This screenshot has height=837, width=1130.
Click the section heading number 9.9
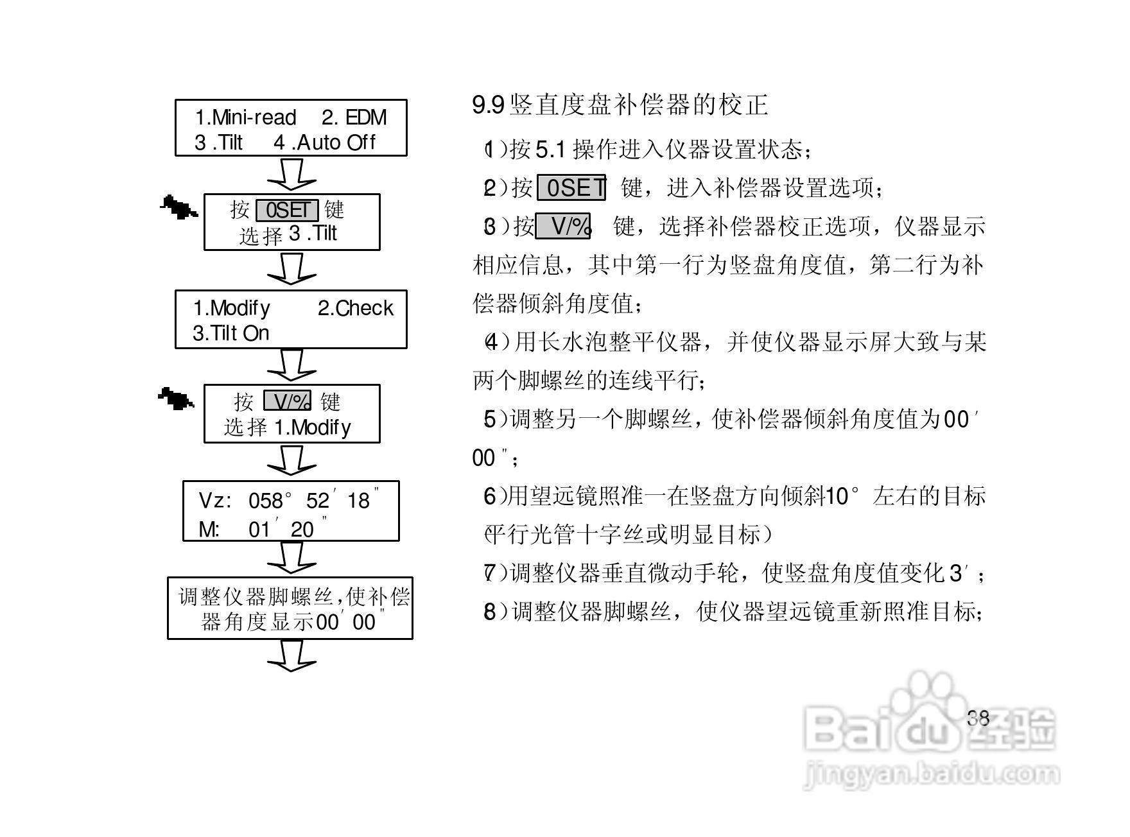tap(488, 105)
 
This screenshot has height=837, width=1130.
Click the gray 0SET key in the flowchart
tap(287, 210)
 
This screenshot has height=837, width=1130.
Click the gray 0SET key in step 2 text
tap(571, 188)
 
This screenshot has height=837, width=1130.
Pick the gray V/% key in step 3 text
tap(563, 226)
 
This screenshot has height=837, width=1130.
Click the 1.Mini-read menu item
tap(245, 117)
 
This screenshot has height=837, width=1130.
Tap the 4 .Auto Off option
tap(324, 142)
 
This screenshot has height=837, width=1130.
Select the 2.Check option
tap(355, 308)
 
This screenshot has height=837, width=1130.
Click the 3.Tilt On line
tap(231, 333)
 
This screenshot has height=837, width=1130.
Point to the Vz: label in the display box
tap(215, 501)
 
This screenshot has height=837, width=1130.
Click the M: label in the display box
tap(209, 530)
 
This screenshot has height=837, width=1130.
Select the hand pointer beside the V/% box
tap(176, 399)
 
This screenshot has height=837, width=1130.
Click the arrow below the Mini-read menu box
tap(291, 174)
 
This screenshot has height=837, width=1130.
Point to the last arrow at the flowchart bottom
tap(291, 656)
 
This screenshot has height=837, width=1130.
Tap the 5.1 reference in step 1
tap(550, 150)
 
